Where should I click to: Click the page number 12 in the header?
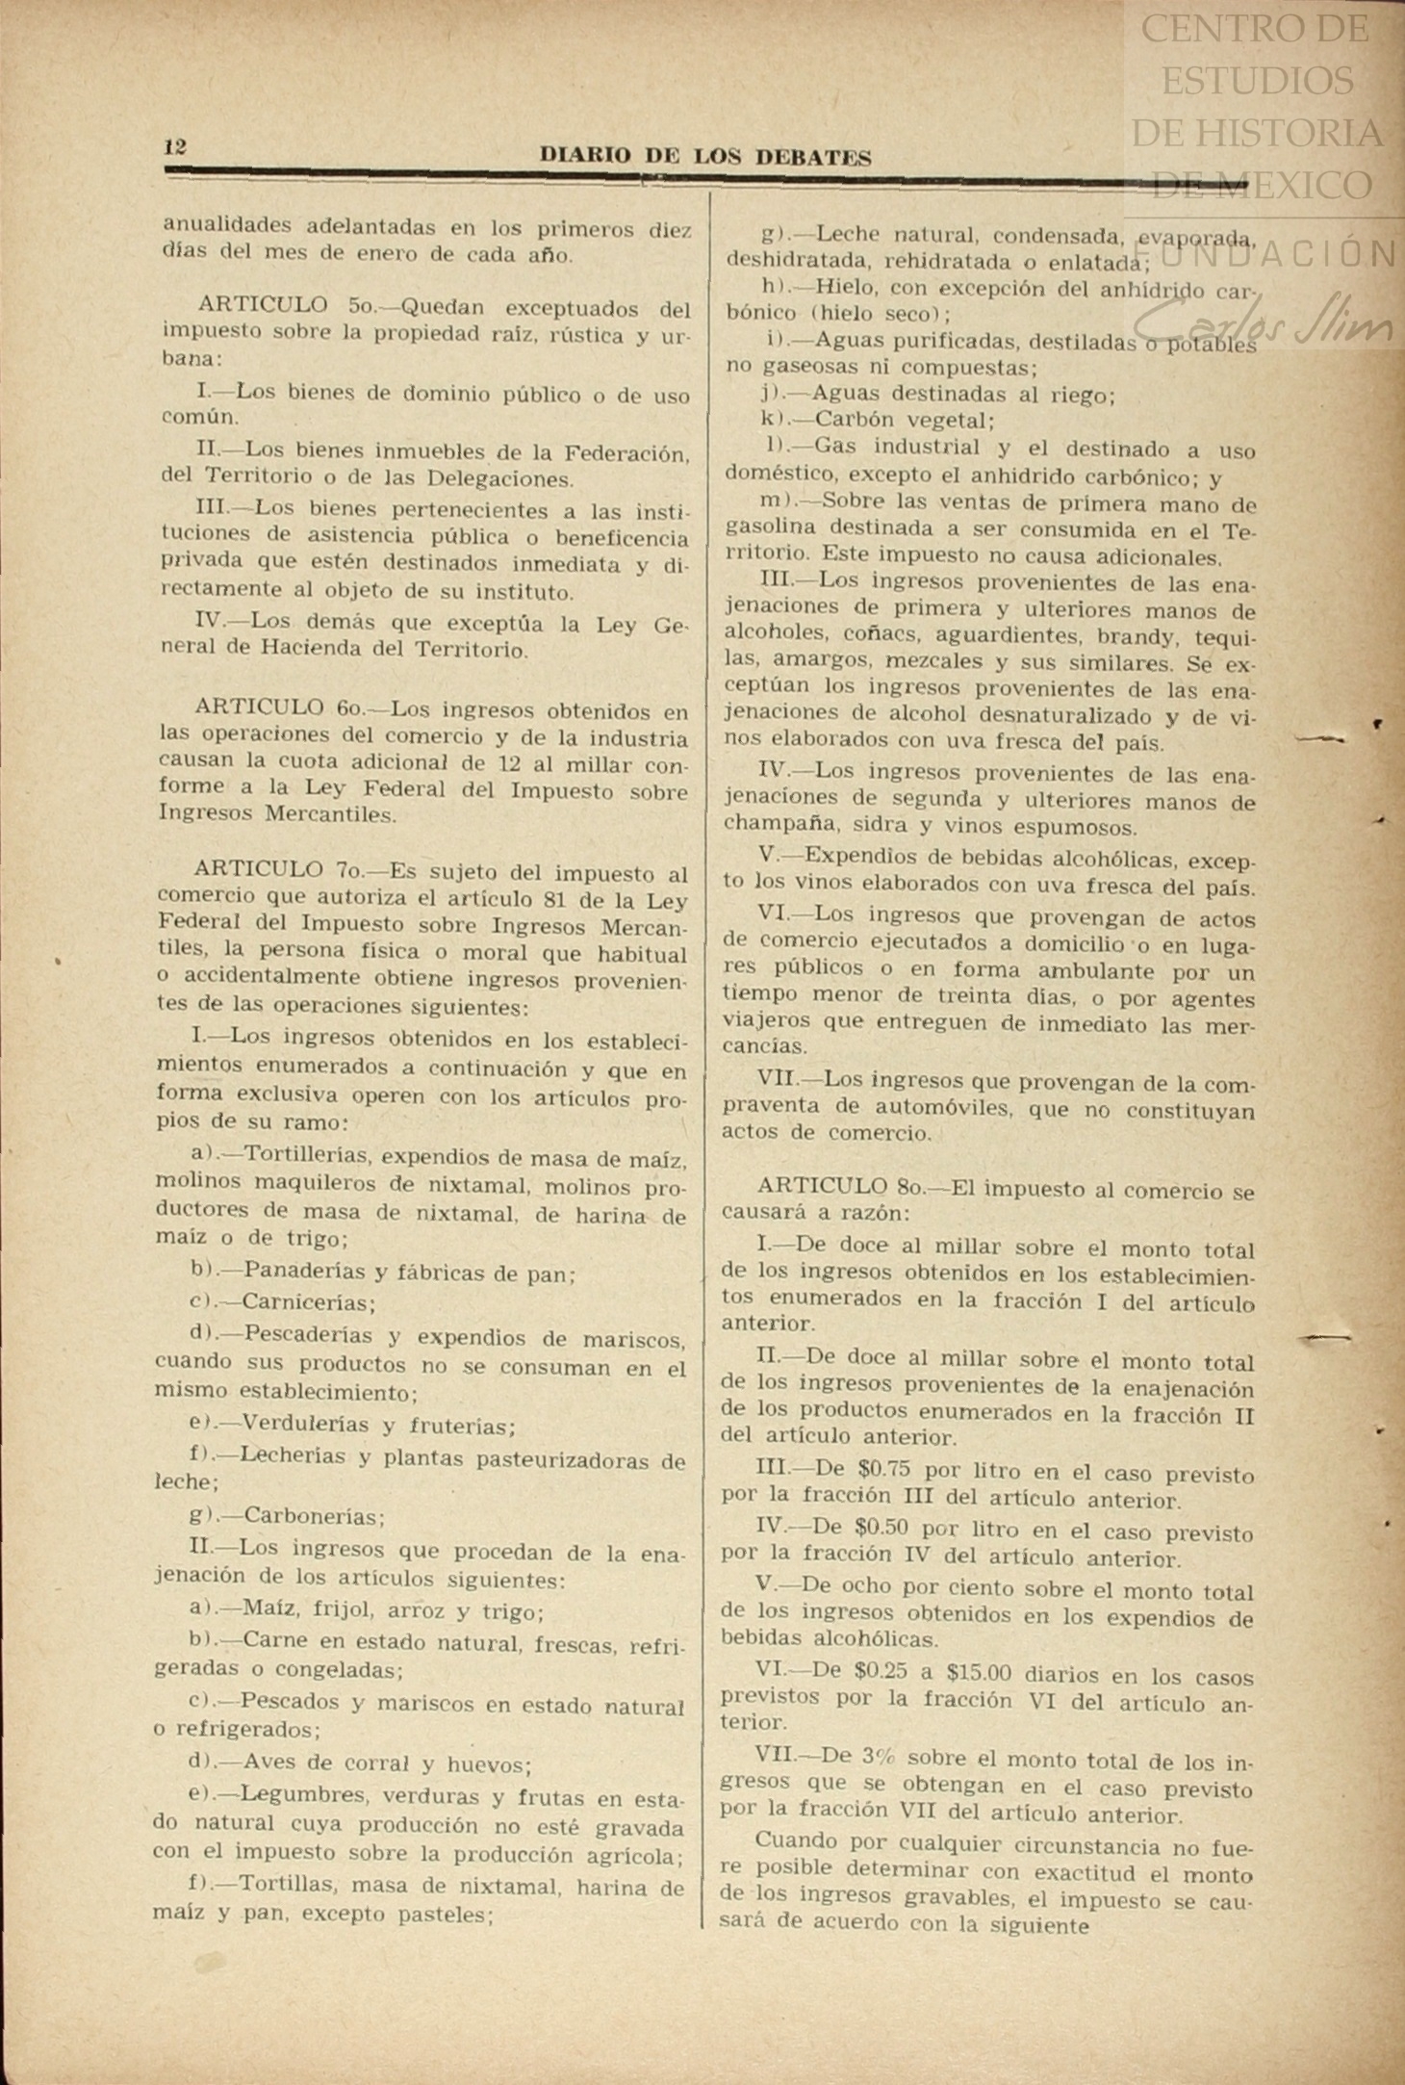[x=175, y=147]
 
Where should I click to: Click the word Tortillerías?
[x=309, y=1155]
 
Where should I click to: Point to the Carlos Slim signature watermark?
[x=1263, y=325]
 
